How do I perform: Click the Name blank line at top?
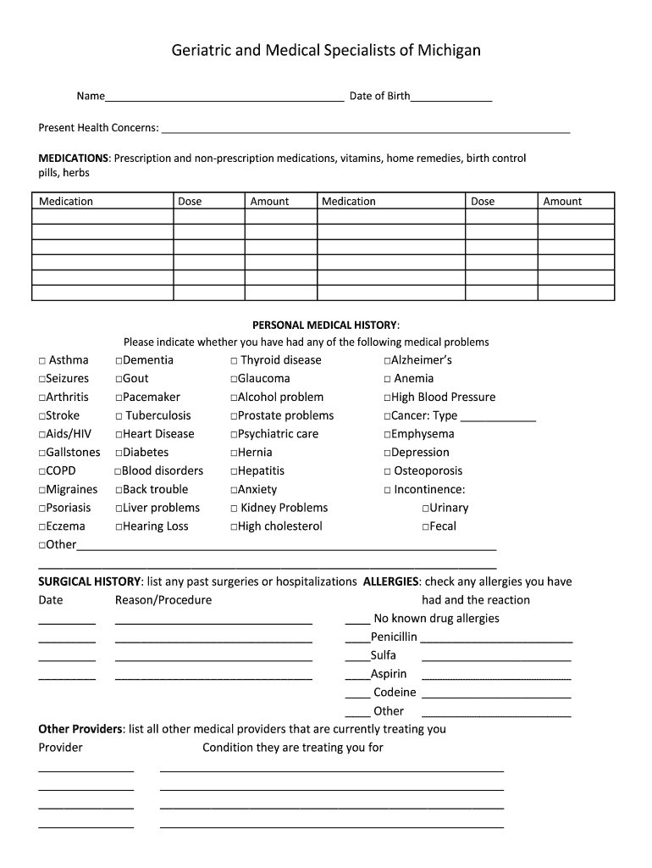[x=224, y=97]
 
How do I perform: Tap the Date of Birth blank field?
[x=450, y=97]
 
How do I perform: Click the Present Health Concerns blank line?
[x=365, y=128]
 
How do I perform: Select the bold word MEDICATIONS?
[x=74, y=159]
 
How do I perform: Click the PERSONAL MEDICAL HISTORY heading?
[x=326, y=325]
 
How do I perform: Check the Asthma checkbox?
[x=41, y=361]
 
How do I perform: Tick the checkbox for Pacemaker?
[x=119, y=398]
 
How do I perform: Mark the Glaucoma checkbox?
[x=233, y=379]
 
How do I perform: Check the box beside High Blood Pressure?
[x=387, y=398]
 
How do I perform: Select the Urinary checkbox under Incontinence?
[x=425, y=509]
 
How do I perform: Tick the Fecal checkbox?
[x=425, y=527]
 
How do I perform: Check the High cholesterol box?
[x=233, y=527]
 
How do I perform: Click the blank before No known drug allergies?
[x=357, y=620]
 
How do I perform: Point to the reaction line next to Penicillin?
[x=496, y=638]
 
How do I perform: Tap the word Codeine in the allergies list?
[x=395, y=693]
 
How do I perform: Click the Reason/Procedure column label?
[x=163, y=600]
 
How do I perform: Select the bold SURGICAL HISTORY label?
[x=90, y=581]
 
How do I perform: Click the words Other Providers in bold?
[x=80, y=729]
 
